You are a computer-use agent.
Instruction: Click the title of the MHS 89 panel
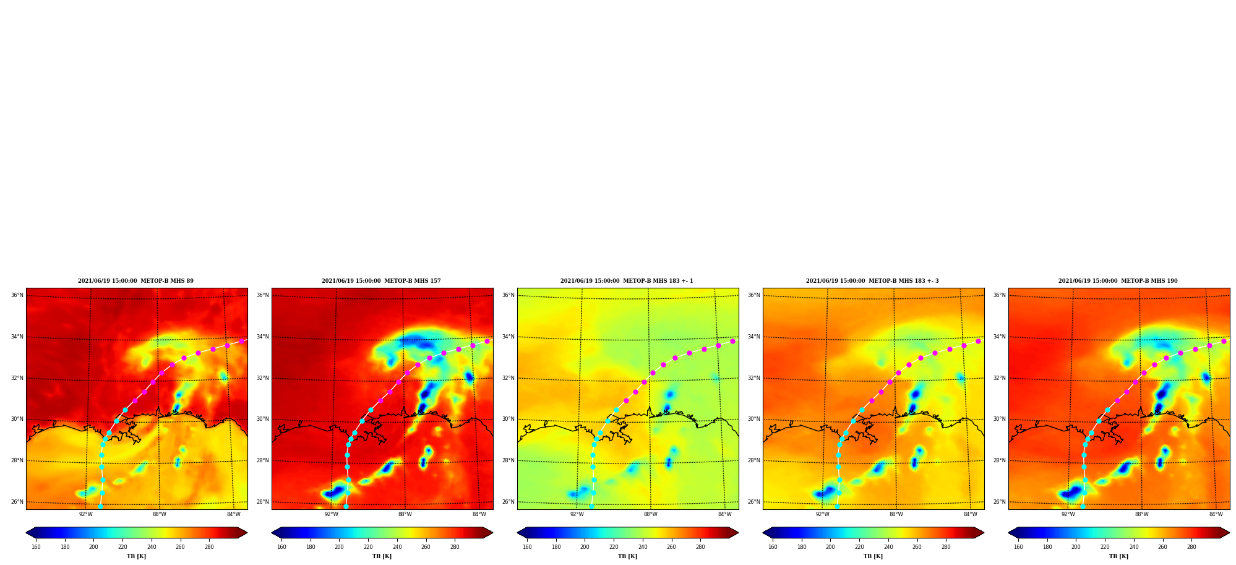pyautogui.click(x=135, y=281)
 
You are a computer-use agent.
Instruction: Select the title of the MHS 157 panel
pyautogui.click(x=381, y=281)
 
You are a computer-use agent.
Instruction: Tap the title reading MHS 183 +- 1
pyautogui.click(x=627, y=281)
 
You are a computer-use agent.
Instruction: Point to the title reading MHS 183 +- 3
pyautogui.click(x=872, y=281)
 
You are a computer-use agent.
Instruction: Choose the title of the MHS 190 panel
pyautogui.click(x=1118, y=281)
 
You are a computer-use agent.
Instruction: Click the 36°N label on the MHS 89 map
pyautogui.click(x=17, y=295)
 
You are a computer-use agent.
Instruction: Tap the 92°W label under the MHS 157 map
pyautogui.click(x=332, y=514)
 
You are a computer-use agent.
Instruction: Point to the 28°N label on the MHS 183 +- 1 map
pyautogui.click(x=508, y=460)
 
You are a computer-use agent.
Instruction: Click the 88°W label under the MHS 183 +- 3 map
pyautogui.click(x=896, y=514)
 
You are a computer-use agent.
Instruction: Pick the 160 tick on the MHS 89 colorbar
pyautogui.click(x=36, y=547)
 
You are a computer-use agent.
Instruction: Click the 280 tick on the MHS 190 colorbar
pyautogui.click(x=1191, y=547)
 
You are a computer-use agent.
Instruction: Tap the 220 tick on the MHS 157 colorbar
pyautogui.click(x=368, y=547)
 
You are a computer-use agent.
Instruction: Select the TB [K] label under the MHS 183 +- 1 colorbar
pyautogui.click(x=627, y=556)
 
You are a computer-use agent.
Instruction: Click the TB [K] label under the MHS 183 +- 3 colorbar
pyautogui.click(x=873, y=556)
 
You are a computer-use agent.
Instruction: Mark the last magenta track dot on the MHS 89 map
pyautogui.click(x=242, y=341)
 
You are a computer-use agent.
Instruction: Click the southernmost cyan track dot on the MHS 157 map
pyautogui.click(x=346, y=506)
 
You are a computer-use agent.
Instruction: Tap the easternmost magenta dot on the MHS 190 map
pyautogui.click(x=1224, y=341)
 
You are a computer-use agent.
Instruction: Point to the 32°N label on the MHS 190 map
pyautogui.click(x=999, y=378)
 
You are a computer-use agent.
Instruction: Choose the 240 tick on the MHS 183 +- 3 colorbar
pyautogui.click(x=888, y=547)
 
